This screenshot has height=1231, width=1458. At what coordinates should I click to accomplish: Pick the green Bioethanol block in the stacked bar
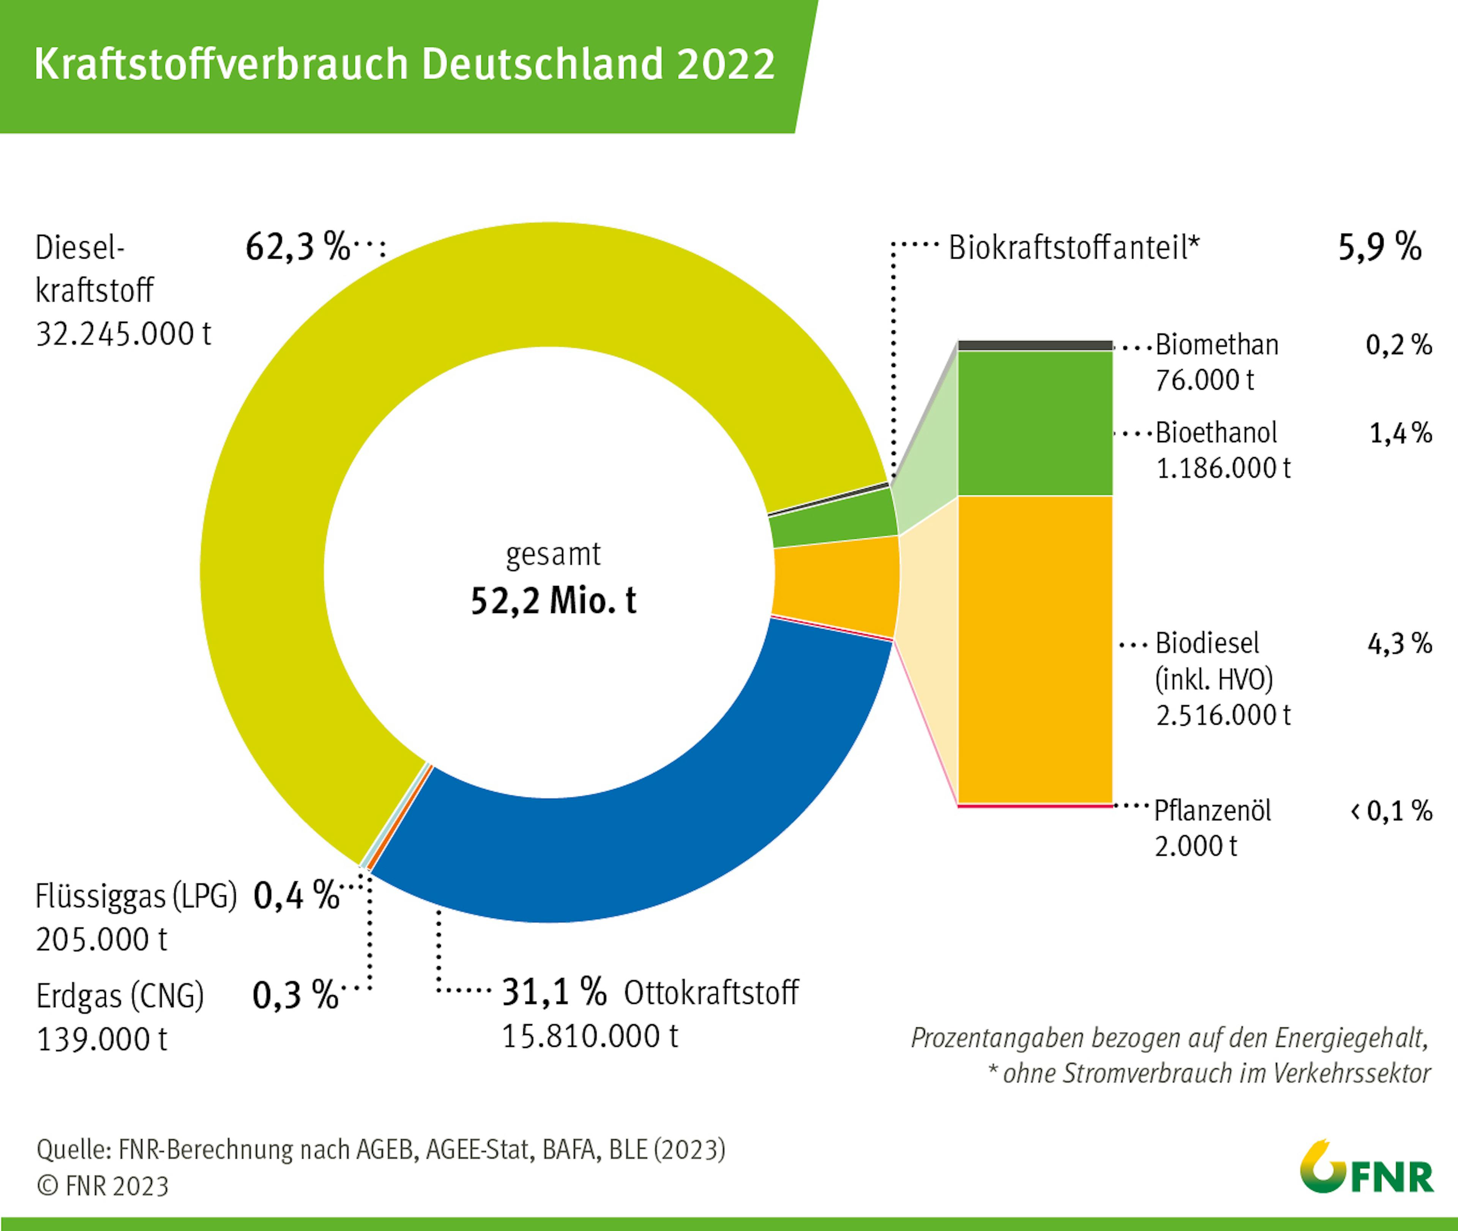1035,423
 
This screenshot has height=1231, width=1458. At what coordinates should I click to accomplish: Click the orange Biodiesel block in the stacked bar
1035,649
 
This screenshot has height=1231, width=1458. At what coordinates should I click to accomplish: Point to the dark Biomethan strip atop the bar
1035,345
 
